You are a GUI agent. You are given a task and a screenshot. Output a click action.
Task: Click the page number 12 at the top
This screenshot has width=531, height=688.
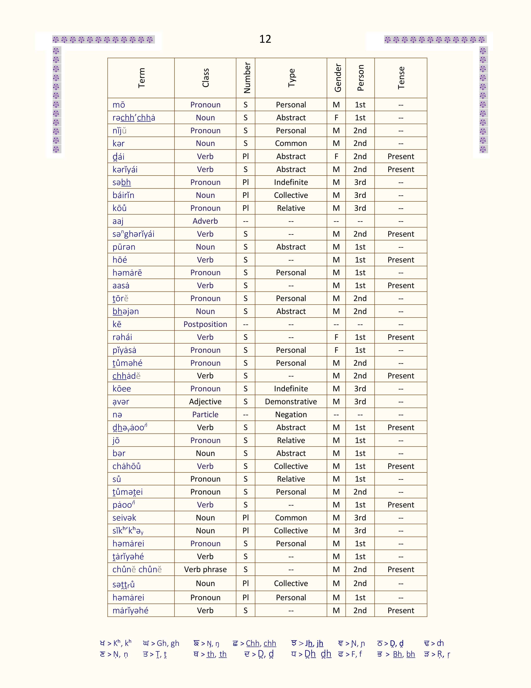click(265, 39)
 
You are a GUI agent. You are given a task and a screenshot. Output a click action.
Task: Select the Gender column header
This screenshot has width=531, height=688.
click(338, 78)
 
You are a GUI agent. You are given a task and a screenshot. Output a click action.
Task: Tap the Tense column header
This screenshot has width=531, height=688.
click(401, 78)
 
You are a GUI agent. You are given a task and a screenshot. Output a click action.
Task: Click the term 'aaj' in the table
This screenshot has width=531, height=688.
click(118, 221)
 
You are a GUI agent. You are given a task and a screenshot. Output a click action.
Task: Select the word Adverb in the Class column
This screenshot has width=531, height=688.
click(205, 221)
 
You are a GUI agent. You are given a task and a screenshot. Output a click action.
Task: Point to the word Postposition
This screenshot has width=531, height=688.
click(205, 324)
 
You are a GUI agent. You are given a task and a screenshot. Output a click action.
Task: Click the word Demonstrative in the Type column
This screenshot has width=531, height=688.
click(291, 402)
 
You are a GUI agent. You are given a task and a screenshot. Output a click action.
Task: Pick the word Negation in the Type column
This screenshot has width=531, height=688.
click(291, 414)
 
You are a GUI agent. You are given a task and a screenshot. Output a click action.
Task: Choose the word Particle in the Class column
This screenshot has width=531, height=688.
click(205, 414)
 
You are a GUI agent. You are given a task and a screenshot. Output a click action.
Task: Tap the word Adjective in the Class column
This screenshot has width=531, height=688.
click(205, 402)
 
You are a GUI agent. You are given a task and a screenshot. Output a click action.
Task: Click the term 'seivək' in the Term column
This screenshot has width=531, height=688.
click(124, 518)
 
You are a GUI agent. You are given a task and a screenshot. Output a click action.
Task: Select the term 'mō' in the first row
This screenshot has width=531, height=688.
click(119, 105)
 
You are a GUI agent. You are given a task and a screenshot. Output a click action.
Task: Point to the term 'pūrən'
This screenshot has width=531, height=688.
click(124, 247)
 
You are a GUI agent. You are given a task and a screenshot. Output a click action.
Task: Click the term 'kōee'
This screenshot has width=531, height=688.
click(122, 389)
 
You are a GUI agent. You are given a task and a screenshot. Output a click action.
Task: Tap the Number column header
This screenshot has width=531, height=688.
click(247, 78)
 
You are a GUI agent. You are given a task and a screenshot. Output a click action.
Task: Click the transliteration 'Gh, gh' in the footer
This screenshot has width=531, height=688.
click(168, 643)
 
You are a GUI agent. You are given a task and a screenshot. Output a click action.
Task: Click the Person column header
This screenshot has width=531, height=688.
click(360, 78)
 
